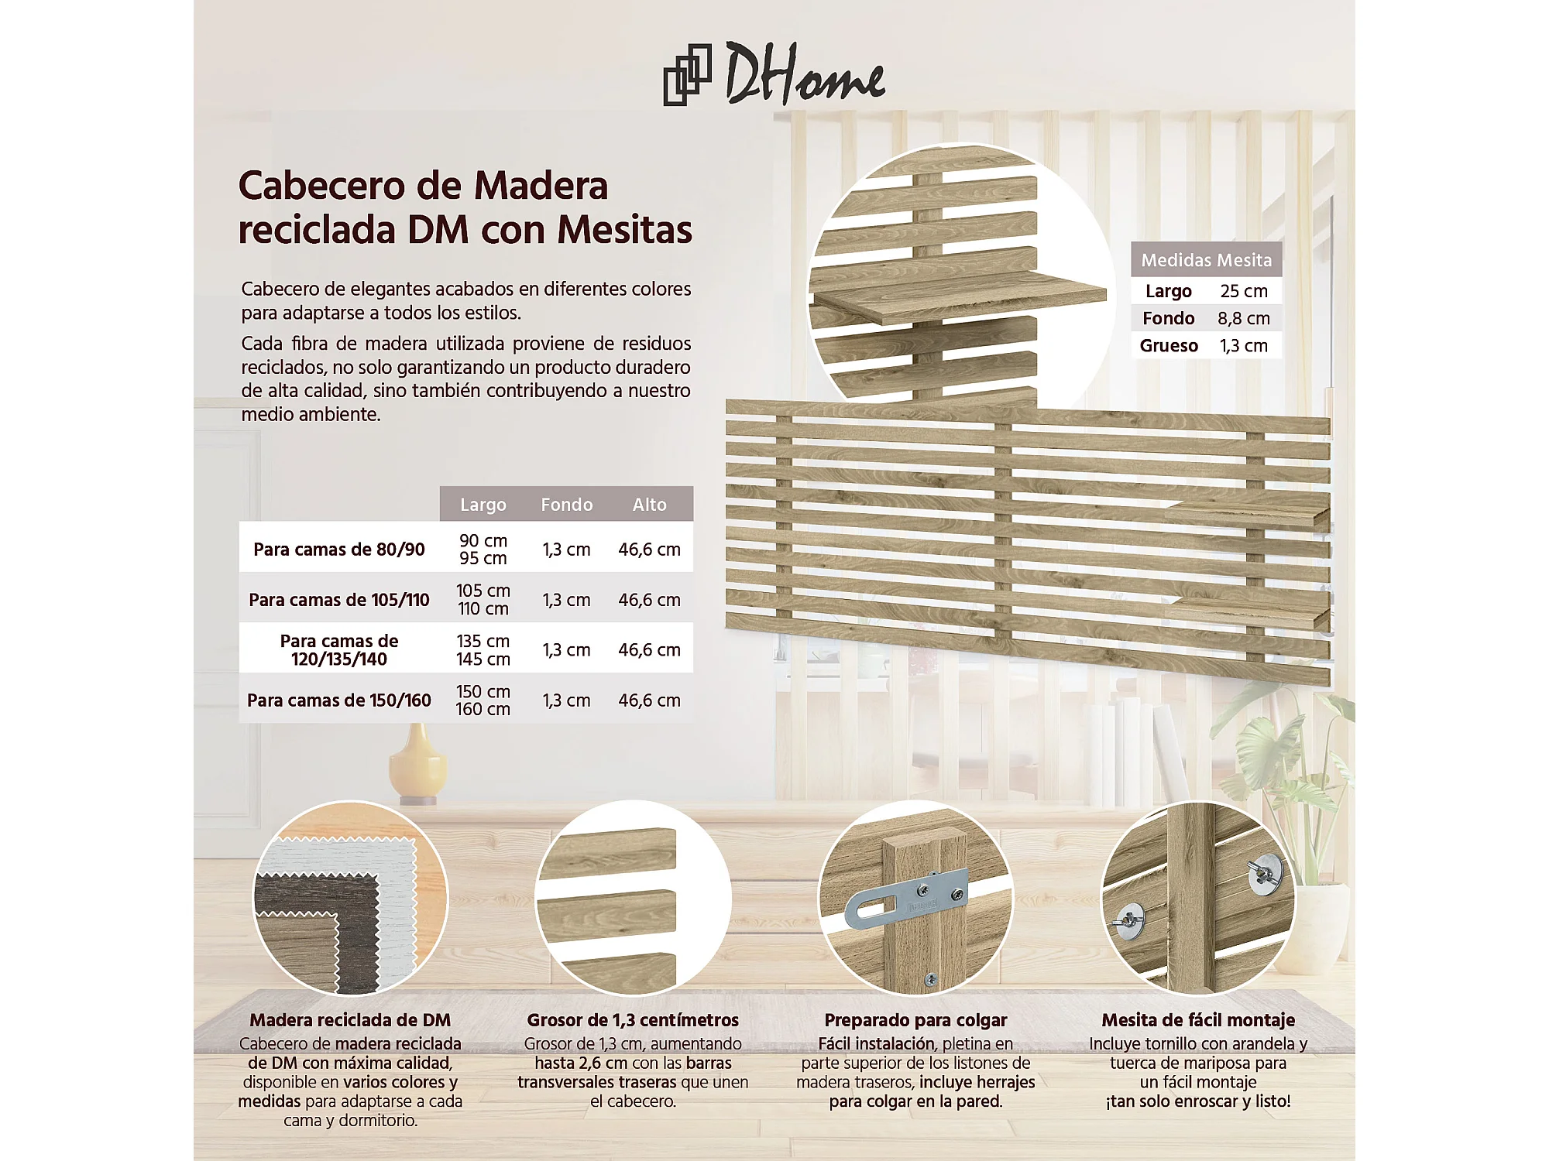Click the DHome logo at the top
[x=774, y=74]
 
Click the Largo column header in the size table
[x=483, y=505]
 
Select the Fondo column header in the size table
[x=566, y=505]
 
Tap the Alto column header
[x=649, y=505]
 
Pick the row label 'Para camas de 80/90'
[x=338, y=550]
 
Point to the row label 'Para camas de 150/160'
[x=338, y=700]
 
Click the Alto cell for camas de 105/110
[x=649, y=600]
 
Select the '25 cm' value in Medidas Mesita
[x=1244, y=291]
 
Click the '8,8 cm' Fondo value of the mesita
[x=1244, y=318]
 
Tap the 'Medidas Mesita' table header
[x=1206, y=260]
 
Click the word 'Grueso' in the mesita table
[x=1169, y=345]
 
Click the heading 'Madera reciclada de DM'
[x=350, y=1020]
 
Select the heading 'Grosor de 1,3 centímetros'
[x=633, y=1020]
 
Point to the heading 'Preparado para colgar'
[x=915, y=1020]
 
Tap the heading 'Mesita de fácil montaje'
[x=1198, y=1020]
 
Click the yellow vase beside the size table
[x=418, y=762]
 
